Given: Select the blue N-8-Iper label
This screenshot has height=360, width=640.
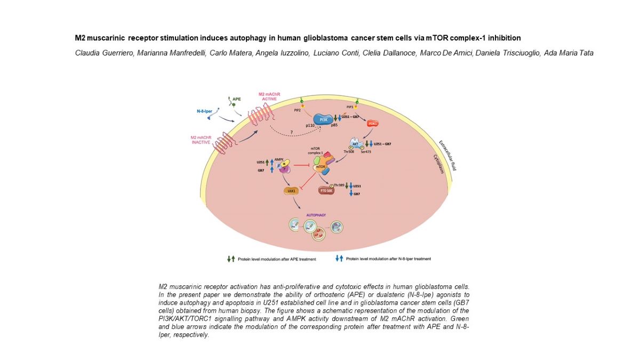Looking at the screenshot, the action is click(x=205, y=111).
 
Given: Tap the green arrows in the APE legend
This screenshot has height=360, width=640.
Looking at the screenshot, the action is click(x=231, y=259).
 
